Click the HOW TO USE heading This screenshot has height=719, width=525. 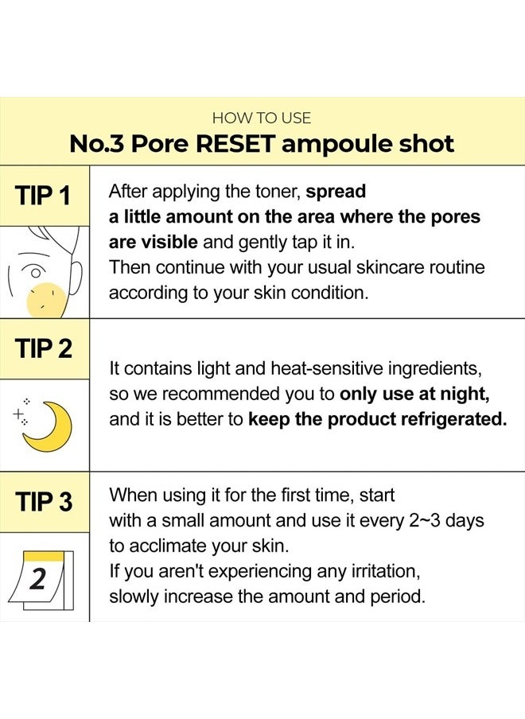[x=262, y=118]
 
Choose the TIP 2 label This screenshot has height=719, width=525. [x=44, y=348]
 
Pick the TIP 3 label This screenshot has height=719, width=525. [x=44, y=501]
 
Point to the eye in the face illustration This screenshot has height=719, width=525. [x=35, y=272]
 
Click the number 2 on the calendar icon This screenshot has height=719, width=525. [x=38, y=579]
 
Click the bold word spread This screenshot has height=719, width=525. [x=336, y=192]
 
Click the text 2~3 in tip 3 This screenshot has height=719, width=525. [x=425, y=521]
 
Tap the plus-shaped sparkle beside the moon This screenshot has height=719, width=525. [x=18, y=414]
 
